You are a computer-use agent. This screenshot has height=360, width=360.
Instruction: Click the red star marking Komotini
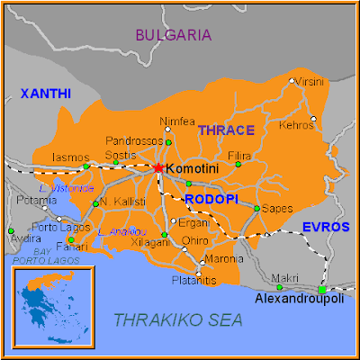click(158, 167)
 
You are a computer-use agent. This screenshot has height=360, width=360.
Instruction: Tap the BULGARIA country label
click(174, 35)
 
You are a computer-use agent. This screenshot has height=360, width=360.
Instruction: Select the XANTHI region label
click(46, 93)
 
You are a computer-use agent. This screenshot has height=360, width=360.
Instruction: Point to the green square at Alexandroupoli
click(321, 288)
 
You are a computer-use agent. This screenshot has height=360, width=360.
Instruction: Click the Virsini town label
click(310, 81)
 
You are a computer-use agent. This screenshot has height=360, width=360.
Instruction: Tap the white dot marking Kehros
click(314, 119)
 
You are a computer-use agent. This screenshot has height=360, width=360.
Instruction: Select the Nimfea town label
click(176, 121)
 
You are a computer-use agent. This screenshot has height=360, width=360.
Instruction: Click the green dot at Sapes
click(256, 208)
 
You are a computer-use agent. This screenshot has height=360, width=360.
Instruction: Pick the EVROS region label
click(325, 227)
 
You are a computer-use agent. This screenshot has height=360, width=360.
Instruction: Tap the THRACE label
click(226, 130)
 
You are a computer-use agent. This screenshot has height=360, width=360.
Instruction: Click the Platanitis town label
click(194, 281)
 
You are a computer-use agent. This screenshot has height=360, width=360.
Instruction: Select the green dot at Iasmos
click(86, 166)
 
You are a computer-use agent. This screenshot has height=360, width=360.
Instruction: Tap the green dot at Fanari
click(71, 239)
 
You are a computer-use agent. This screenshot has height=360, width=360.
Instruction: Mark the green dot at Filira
click(238, 165)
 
